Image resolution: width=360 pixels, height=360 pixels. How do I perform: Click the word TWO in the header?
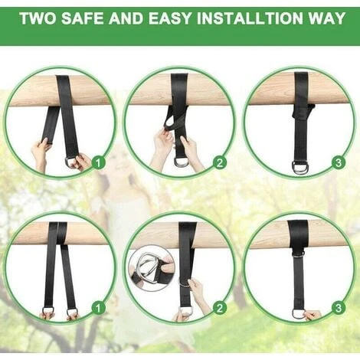(x=38, y=18)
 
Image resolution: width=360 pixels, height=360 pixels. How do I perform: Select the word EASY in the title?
(x=170, y=18)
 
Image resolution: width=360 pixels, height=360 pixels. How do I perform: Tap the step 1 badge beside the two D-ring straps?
(x=98, y=308)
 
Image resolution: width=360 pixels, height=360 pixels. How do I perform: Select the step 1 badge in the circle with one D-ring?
(x=98, y=162)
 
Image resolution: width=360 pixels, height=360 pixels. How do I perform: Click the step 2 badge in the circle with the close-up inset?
(x=220, y=308)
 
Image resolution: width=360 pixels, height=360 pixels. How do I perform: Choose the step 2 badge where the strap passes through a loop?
(x=220, y=162)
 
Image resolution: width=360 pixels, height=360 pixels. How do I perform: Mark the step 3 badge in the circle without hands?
(x=339, y=162)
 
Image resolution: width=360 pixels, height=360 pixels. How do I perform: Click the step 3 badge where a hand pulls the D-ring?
(x=339, y=308)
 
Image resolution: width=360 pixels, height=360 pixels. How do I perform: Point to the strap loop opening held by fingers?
(x=169, y=124)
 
